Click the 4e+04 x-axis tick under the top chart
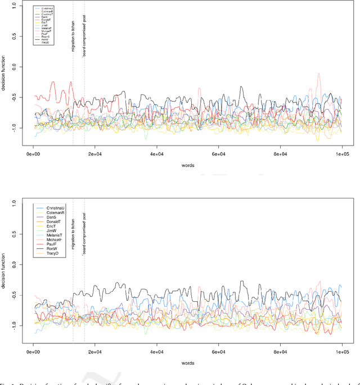156,153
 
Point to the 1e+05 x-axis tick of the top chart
342,153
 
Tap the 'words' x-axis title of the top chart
188,166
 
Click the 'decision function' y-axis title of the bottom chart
6,279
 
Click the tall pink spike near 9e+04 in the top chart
319,74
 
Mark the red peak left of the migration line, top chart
53,83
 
